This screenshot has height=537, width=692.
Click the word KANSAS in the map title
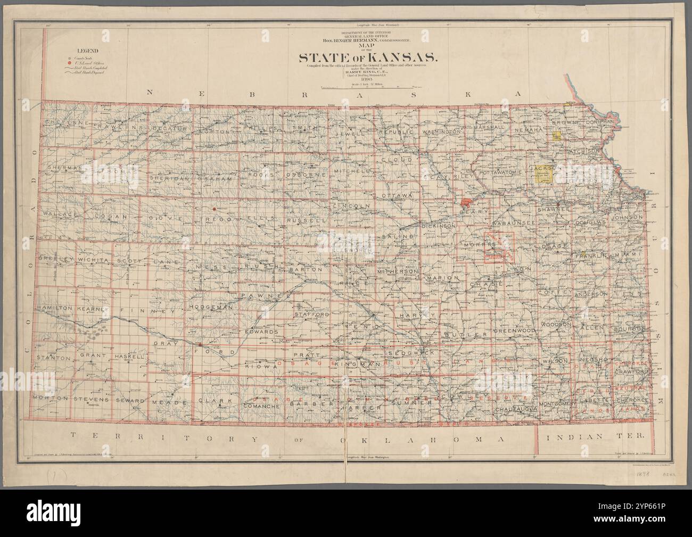pyautogui.click(x=402, y=57)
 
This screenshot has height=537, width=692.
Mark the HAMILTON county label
pyautogui.click(x=54, y=308)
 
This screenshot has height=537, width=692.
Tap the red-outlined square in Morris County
pyautogui.click(x=499, y=247)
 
